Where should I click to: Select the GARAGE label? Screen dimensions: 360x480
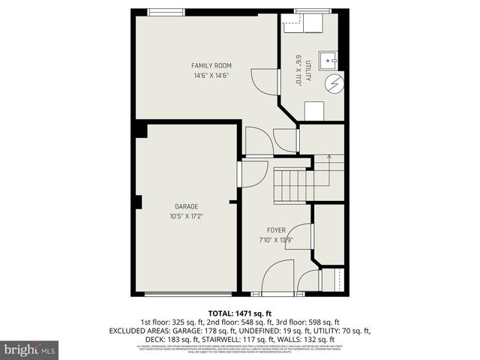coord(186,205)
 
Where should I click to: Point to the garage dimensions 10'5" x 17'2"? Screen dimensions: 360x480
coord(186,216)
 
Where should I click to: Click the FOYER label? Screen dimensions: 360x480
coord(275,229)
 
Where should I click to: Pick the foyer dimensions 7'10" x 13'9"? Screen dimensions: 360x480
coord(275,240)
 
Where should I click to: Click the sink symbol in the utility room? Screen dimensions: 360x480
coord(328,58)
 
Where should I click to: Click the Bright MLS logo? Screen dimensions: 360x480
coord(29,349)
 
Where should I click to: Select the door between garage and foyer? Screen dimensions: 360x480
coord(241,173)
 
